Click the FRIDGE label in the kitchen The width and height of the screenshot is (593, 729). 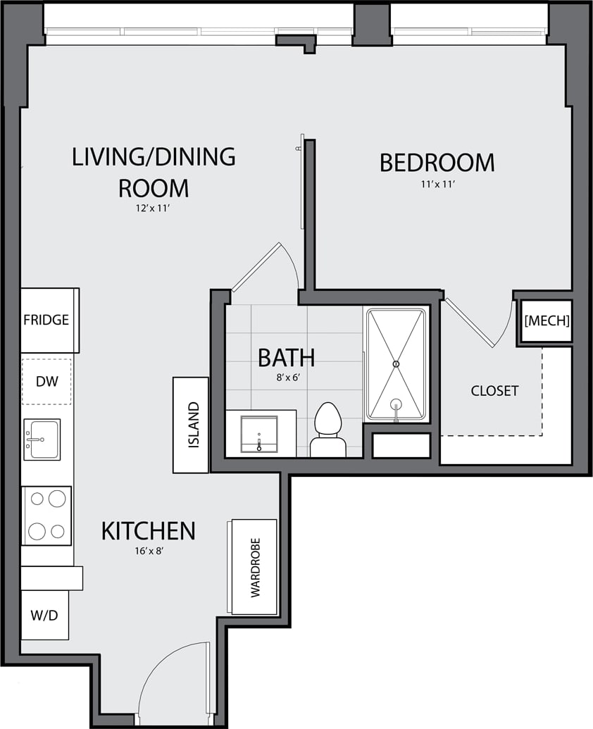(46, 320)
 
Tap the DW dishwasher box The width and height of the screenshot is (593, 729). (46, 382)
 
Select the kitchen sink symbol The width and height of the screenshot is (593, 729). (42, 440)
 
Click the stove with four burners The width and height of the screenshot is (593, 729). (46, 515)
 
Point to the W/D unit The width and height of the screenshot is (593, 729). (44, 615)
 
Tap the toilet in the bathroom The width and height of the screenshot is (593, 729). (327, 430)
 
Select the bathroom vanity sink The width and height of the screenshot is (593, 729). (259, 433)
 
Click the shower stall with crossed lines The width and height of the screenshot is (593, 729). (397, 364)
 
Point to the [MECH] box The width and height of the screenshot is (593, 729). (547, 321)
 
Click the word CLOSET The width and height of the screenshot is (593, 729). (494, 391)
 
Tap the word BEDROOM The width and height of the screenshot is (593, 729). (437, 163)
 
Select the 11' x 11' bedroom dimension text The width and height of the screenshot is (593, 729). (437, 185)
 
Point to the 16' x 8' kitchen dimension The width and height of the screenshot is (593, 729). (148, 552)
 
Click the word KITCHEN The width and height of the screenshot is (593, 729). (148, 531)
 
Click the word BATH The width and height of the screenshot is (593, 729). (286, 358)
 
